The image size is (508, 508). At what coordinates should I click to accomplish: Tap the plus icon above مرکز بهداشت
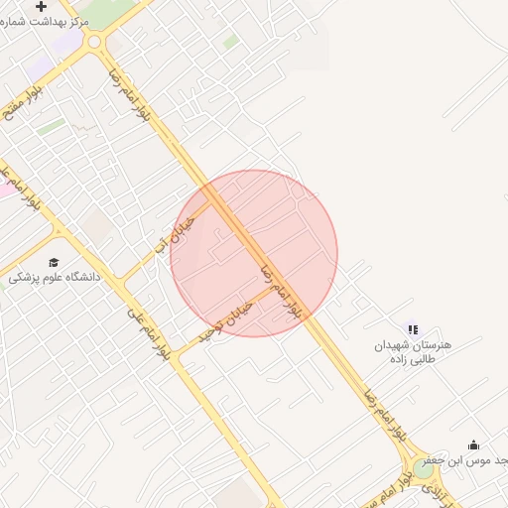click(x=41, y=6)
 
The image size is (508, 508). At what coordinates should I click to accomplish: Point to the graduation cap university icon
click(x=54, y=262)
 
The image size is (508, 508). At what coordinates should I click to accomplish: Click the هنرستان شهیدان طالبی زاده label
click(x=413, y=351)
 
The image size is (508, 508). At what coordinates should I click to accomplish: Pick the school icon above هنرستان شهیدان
click(x=413, y=329)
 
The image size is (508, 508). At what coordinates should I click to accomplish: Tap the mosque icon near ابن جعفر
click(x=473, y=444)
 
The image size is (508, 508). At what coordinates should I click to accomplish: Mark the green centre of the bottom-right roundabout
click(x=424, y=469)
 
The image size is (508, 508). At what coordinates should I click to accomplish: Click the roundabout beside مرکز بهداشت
click(x=96, y=42)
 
